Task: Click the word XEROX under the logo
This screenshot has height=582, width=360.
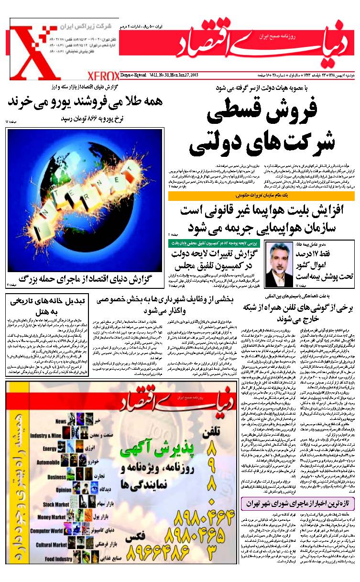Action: coord(103,76)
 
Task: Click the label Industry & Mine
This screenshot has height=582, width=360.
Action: coord(46,436)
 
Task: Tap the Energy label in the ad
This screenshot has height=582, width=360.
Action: coord(50,449)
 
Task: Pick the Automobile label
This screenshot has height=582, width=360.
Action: coord(48,463)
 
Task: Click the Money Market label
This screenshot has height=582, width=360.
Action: coord(52,517)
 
